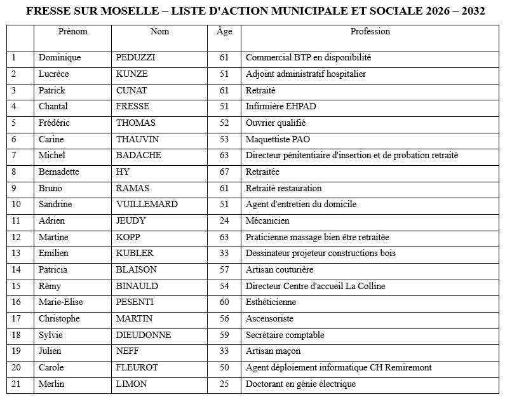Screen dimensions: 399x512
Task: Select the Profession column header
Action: [x=370, y=31]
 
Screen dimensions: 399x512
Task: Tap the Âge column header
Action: [x=224, y=31]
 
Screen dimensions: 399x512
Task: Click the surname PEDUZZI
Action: [x=136, y=57]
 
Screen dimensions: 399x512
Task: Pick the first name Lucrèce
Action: [x=53, y=74]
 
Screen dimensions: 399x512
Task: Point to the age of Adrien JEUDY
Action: [x=224, y=220]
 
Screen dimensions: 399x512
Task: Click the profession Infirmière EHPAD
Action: [x=281, y=106]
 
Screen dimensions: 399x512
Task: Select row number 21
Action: [x=17, y=384]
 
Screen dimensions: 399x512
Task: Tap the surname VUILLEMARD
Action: [x=147, y=204]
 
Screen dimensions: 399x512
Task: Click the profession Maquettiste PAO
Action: [x=278, y=139]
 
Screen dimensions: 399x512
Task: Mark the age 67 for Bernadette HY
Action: [x=224, y=172]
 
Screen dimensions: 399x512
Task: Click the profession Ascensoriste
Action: [x=270, y=318]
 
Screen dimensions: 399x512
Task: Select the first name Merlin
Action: [x=51, y=384]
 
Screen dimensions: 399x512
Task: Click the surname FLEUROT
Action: [x=137, y=367]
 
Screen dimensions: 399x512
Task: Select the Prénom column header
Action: [x=72, y=31]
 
